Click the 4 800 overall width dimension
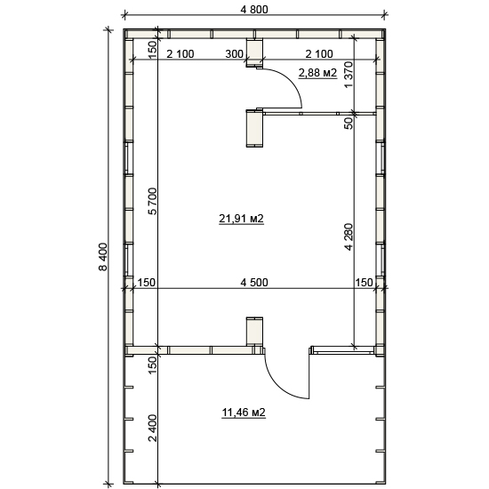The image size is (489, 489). click(x=254, y=10)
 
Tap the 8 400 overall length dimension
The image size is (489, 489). click(x=103, y=257)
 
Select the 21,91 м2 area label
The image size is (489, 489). click(x=241, y=219)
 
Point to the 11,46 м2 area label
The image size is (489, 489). click(x=244, y=413)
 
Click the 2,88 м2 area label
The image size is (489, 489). click(x=317, y=73)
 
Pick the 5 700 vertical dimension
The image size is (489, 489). click(x=153, y=201)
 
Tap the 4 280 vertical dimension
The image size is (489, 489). click(x=349, y=236)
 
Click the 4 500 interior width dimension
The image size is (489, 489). click(x=254, y=282)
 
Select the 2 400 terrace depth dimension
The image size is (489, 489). click(x=153, y=428)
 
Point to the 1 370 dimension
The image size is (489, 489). click(x=349, y=75)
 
